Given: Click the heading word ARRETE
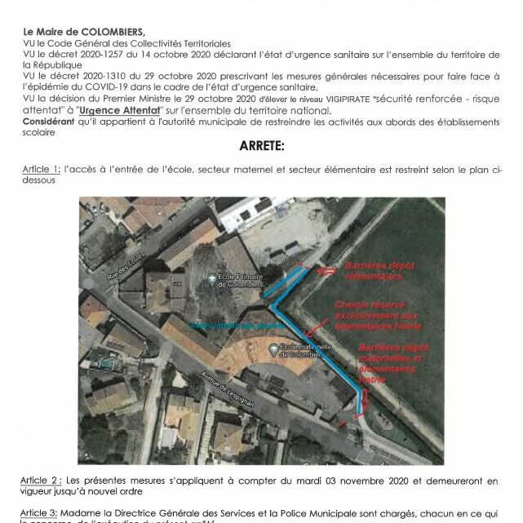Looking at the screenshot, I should tap(261, 148).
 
